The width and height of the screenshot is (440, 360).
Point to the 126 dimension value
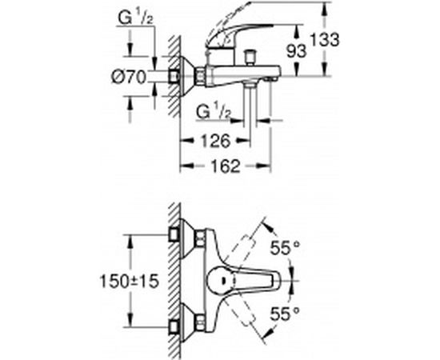click(214, 141)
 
